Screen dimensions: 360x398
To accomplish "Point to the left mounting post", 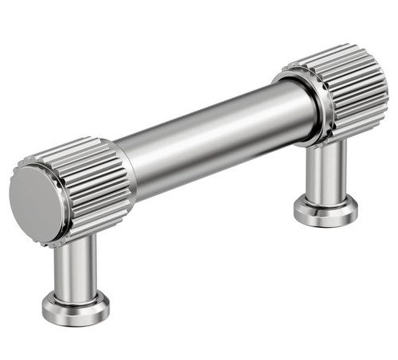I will click(76, 267).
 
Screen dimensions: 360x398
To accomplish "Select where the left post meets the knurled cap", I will click(80, 239).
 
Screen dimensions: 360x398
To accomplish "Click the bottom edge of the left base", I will click(76, 323).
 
